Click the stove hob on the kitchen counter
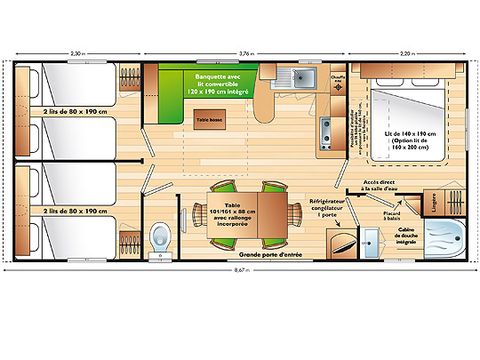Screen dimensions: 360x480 [325, 128]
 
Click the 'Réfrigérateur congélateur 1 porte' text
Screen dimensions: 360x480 [326, 207]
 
